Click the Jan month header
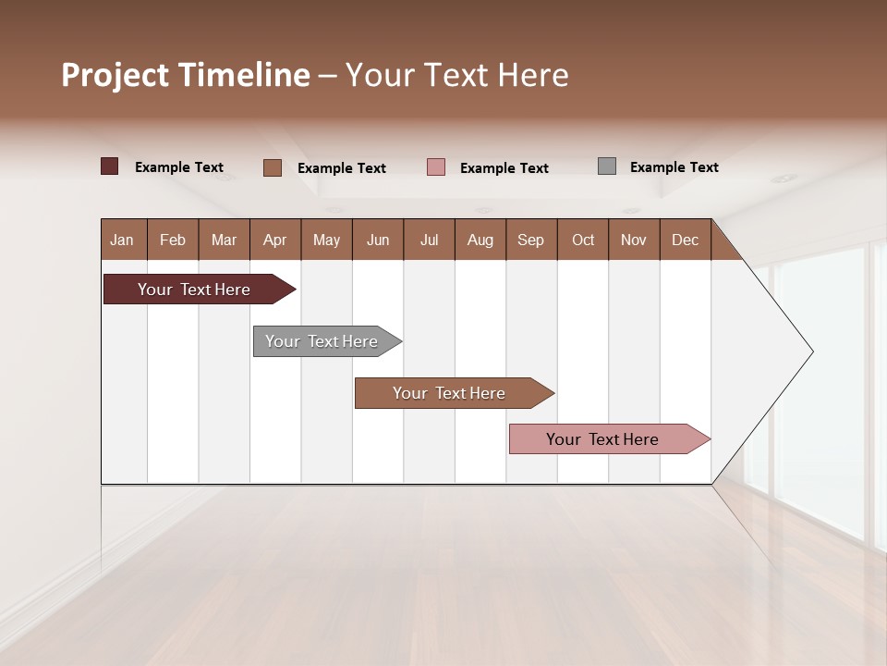click(x=123, y=240)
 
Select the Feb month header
click(x=173, y=240)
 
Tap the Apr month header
click(x=275, y=240)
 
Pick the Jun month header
click(x=378, y=240)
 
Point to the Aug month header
click(x=480, y=240)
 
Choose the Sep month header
click(x=531, y=240)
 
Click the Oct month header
click(x=583, y=240)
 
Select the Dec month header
click(x=686, y=240)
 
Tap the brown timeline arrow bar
click(x=450, y=393)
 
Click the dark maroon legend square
click(x=110, y=166)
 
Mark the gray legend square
click(x=607, y=166)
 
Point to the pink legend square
click(x=436, y=167)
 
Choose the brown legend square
click(x=273, y=167)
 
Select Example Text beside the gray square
click(x=674, y=167)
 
